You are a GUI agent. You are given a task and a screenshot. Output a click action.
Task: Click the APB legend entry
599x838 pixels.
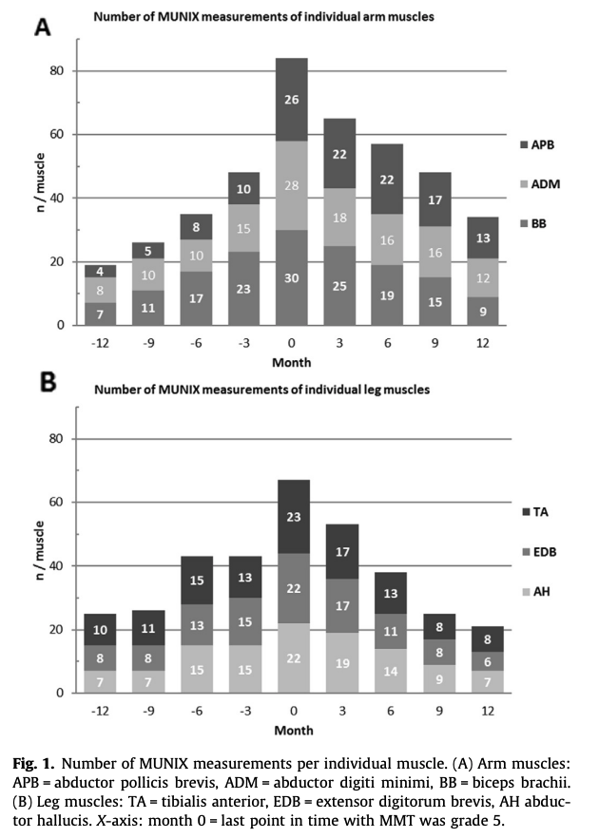[x=539, y=146]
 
